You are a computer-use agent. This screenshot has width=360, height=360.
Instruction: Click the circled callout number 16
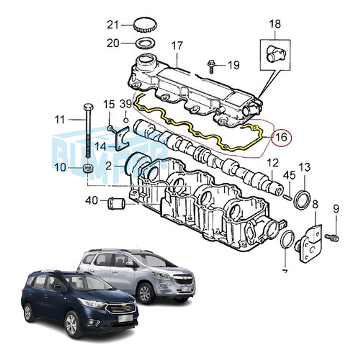[x=282, y=137]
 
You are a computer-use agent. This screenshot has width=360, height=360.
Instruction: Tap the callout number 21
[x=113, y=25]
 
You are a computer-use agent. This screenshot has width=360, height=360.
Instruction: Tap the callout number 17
[x=177, y=46]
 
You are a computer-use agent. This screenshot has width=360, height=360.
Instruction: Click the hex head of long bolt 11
[x=88, y=107]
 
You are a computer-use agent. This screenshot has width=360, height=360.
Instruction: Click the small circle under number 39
[x=125, y=120]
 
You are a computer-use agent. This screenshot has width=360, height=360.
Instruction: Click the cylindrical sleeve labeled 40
[x=116, y=204]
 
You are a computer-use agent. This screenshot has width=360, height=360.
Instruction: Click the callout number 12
[x=273, y=163]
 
